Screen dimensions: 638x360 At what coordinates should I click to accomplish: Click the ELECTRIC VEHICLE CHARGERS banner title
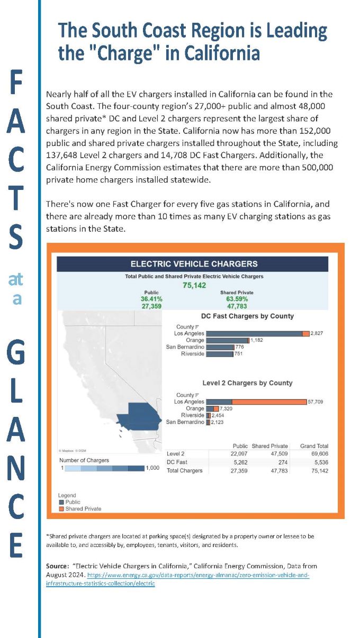(x=194, y=263)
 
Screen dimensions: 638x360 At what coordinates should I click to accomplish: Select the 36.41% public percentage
(x=151, y=299)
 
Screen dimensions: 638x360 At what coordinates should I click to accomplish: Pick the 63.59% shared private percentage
(x=236, y=299)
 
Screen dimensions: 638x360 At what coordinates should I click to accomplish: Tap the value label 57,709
(x=315, y=402)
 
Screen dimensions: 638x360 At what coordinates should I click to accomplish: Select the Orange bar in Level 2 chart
(x=212, y=409)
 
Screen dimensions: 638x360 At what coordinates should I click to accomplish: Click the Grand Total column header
(x=314, y=446)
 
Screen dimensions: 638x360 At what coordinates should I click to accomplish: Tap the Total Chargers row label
(x=184, y=470)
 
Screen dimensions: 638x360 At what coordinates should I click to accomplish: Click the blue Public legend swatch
(x=61, y=502)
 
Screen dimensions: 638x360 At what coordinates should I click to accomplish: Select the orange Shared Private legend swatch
(x=61, y=508)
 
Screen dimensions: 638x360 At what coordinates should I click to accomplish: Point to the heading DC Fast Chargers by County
(x=247, y=316)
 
